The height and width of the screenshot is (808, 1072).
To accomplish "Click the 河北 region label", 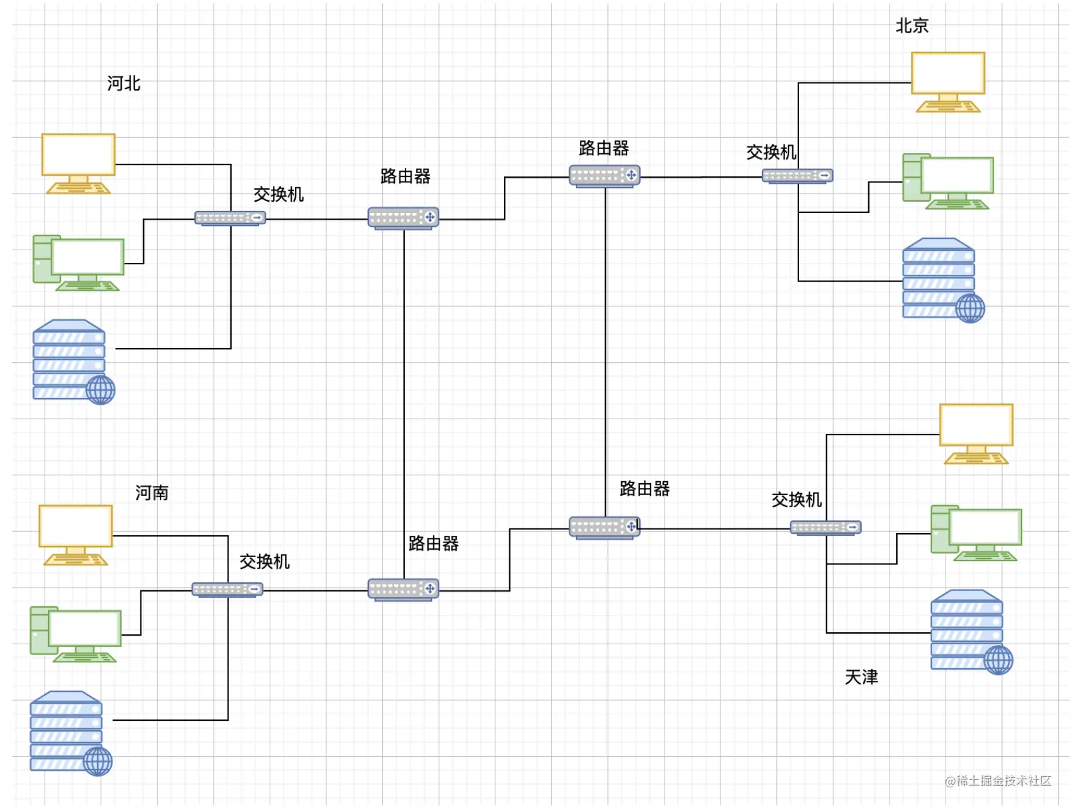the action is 123,83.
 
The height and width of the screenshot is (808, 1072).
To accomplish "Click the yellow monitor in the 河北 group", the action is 78,162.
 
